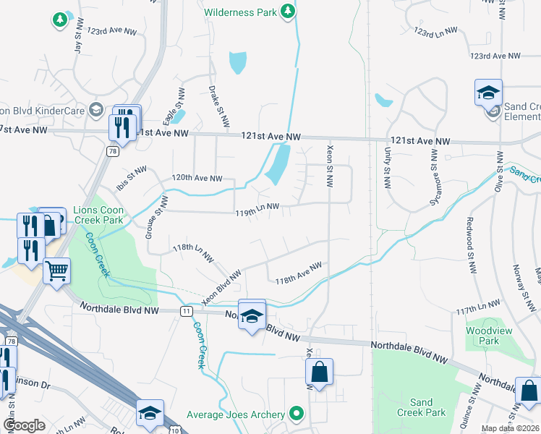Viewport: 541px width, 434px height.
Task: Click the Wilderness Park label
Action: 240,12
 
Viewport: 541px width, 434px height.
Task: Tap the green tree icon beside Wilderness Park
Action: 288,11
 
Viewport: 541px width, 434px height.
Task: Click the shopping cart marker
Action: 56,271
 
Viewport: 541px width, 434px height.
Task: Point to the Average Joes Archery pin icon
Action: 296,414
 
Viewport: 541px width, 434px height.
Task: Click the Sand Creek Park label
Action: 421,407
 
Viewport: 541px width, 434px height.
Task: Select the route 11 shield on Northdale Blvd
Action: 187,310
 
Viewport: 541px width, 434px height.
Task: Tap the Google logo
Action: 25,425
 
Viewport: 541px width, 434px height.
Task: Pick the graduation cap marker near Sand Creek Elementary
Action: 488,93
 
